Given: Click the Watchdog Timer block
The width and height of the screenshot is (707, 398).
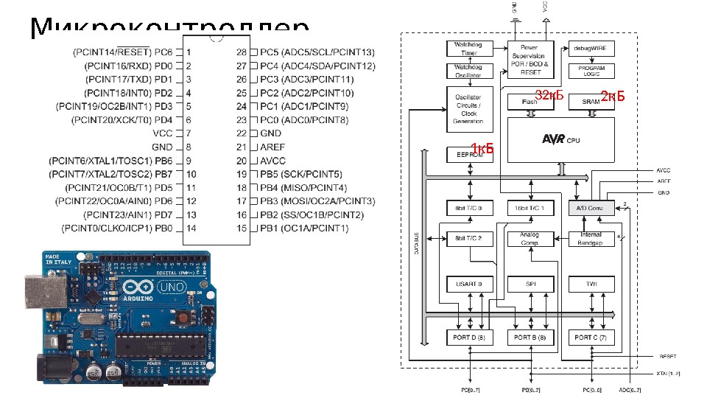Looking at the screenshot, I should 469,49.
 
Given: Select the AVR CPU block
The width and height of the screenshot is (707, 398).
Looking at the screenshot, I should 561,139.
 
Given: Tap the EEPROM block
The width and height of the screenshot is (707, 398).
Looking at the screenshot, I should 469,155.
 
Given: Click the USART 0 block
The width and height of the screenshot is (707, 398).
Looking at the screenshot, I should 469,284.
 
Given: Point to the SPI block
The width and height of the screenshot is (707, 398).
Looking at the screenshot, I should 530,284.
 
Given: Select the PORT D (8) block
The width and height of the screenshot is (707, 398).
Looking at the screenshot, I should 469,338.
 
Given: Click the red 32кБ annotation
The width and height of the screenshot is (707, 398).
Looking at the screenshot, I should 549,95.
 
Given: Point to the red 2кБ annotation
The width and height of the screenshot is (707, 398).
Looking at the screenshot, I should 613,96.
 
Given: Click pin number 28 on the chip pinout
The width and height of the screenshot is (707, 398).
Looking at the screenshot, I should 241,52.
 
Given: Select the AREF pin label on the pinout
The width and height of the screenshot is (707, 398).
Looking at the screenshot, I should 272,147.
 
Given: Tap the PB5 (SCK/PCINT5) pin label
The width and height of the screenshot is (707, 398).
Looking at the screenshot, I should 301,174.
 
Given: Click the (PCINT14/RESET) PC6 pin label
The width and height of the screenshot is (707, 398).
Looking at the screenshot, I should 122,52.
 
